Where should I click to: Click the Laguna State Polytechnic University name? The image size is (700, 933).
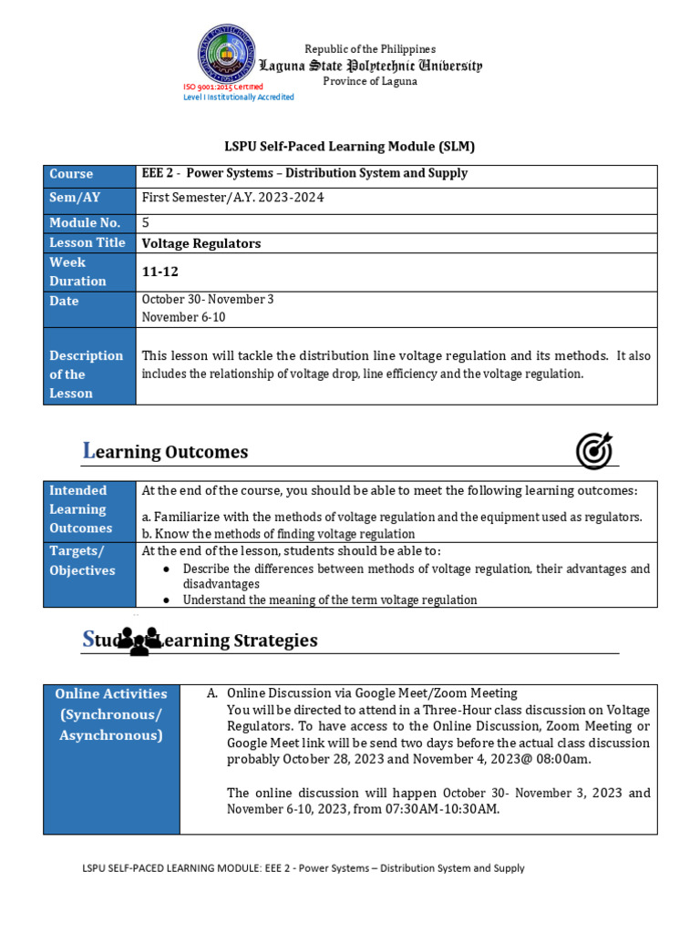(x=371, y=66)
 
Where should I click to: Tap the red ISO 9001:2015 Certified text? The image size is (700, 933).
(x=223, y=87)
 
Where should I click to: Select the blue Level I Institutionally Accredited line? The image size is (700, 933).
(x=239, y=97)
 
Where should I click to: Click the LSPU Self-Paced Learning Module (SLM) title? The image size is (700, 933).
(x=350, y=146)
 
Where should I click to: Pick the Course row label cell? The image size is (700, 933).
(x=89, y=174)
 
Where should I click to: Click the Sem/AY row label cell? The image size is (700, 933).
(x=89, y=198)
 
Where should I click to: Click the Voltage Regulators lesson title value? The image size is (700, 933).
(x=201, y=243)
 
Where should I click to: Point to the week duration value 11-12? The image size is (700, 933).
(x=157, y=272)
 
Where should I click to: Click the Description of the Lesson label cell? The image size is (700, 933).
(x=89, y=374)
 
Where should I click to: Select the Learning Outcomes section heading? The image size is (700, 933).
(x=166, y=452)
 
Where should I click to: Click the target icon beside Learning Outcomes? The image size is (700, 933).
(x=594, y=451)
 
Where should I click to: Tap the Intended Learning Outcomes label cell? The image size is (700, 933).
(x=89, y=509)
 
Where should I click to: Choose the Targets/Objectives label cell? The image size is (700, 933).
(x=89, y=561)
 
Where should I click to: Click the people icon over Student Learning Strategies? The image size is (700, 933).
(x=139, y=641)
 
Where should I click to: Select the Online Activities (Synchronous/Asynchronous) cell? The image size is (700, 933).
(x=111, y=713)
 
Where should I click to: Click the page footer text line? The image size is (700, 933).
(x=304, y=868)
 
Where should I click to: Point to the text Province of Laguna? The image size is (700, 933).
(x=370, y=81)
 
